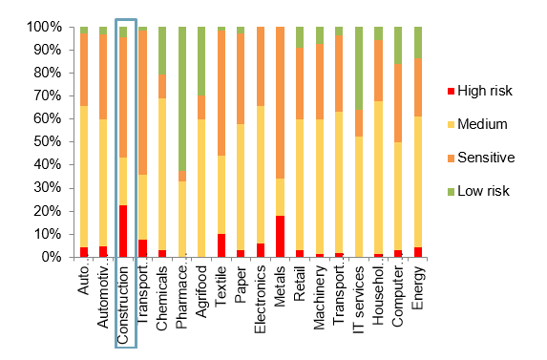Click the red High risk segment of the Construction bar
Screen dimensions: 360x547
[122, 231]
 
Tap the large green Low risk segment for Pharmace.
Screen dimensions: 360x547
[181, 99]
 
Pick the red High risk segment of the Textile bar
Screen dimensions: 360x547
[221, 245]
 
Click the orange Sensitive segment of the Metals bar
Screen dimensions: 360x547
[280, 102]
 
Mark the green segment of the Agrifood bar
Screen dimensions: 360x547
[201, 60]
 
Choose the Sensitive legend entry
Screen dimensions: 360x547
[481, 157]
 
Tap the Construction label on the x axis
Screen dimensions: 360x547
[123, 304]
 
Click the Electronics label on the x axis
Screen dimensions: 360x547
[261, 304]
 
